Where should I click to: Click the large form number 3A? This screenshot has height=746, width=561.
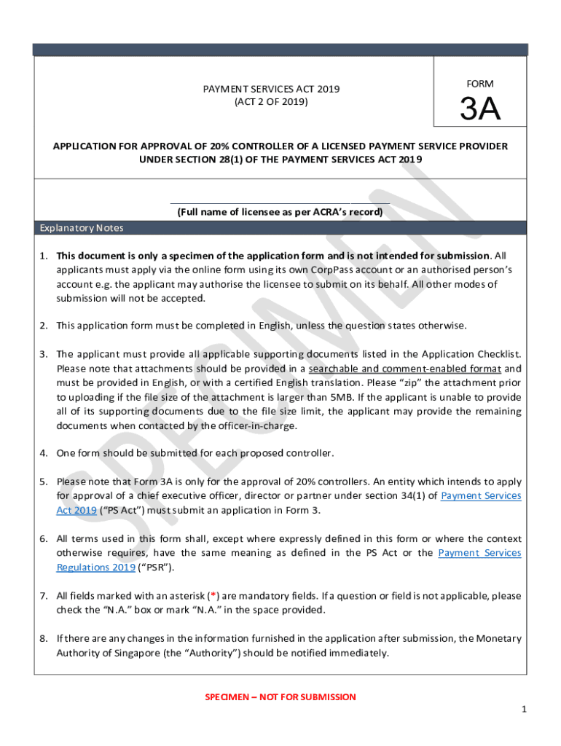coord(480,109)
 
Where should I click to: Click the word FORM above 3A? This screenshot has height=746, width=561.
coord(480,84)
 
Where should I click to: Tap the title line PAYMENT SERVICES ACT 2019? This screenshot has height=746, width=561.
coord(271,89)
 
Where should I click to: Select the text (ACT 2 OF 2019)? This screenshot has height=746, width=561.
coord(271,101)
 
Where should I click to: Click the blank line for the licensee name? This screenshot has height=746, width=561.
coord(280,203)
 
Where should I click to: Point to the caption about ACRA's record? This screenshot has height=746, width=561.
coord(280,212)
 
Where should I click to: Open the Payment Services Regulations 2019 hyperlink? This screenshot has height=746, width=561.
coord(479,553)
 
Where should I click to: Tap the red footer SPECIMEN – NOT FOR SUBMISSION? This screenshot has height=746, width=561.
coord(280,697)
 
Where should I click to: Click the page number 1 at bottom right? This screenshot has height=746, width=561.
coord(523,710)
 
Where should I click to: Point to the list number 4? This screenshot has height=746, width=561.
coord(44,453)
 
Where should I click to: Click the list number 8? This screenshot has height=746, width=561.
coord(44,639)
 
